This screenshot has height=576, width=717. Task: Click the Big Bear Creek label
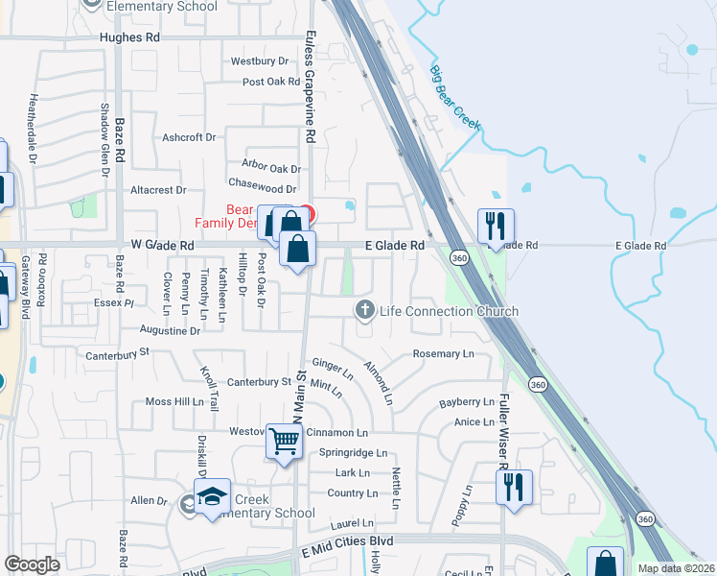click(454, 99)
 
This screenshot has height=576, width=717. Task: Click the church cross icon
click(364, 309)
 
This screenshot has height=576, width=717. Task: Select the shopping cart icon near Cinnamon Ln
click(285, 442)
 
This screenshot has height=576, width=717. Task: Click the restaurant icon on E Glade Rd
click(496, 227)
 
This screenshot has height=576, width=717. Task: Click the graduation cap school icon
click(212, 496)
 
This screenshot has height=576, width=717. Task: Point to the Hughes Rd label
click(129, 37)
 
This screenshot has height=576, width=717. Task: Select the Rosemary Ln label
click(443, 354)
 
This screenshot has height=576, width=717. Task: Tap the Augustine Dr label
click(170, 330)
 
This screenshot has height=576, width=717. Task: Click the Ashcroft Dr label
click(189, 137)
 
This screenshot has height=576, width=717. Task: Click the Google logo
click(33, 564)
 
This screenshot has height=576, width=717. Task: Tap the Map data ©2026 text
click(676, 568)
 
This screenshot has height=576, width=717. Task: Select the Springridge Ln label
click(353, 452)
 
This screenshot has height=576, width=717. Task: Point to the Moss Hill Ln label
click(175, 401)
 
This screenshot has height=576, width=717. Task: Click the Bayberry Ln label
click(466, 402)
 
